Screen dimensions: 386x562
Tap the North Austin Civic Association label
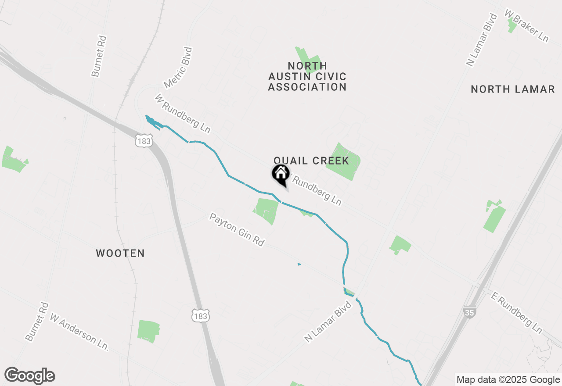click(x=307, y=77)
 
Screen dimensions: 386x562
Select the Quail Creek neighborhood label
click(x=311, y=161)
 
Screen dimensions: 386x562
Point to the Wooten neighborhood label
click(x=120, y=253)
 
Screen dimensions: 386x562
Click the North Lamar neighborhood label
click(x=512, y=89)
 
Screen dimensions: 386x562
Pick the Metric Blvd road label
click(x=178, y=68)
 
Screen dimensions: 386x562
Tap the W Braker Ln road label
click(x=526, y=26)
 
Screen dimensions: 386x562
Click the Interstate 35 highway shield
click(x=469, y=312)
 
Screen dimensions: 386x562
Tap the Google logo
click(x=30, y=376)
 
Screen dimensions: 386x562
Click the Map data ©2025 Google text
click(x=508, y=380)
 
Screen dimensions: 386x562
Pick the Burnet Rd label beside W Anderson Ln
click(x=37, y=322)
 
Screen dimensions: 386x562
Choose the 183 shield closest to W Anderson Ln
click(x=200, y=315)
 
